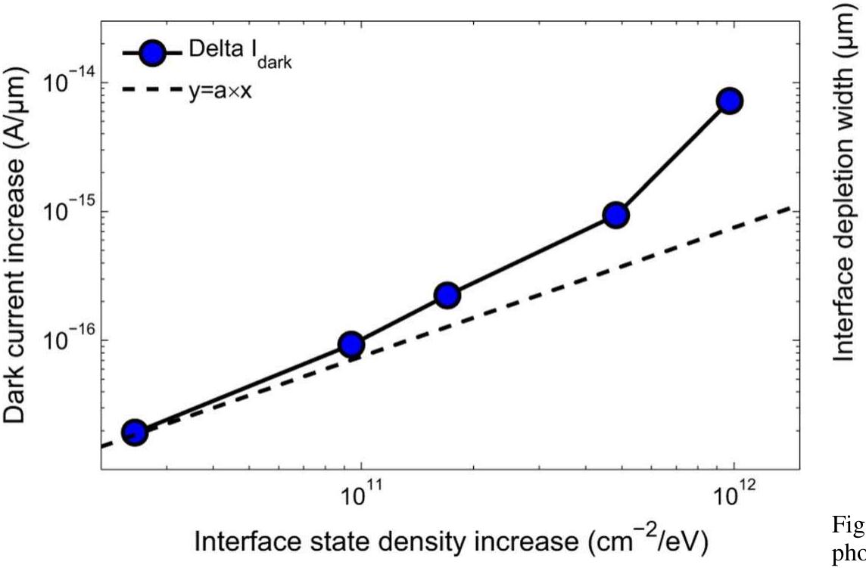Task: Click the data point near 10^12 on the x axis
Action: (x=730, y=101)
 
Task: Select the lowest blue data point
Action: (x=135, y=432)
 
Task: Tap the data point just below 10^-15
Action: (x=616, y=215)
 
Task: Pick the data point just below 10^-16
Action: (x=350, y=345)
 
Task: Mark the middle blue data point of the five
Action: (x=447, y=295)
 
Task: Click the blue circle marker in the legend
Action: (x=152, y=54)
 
